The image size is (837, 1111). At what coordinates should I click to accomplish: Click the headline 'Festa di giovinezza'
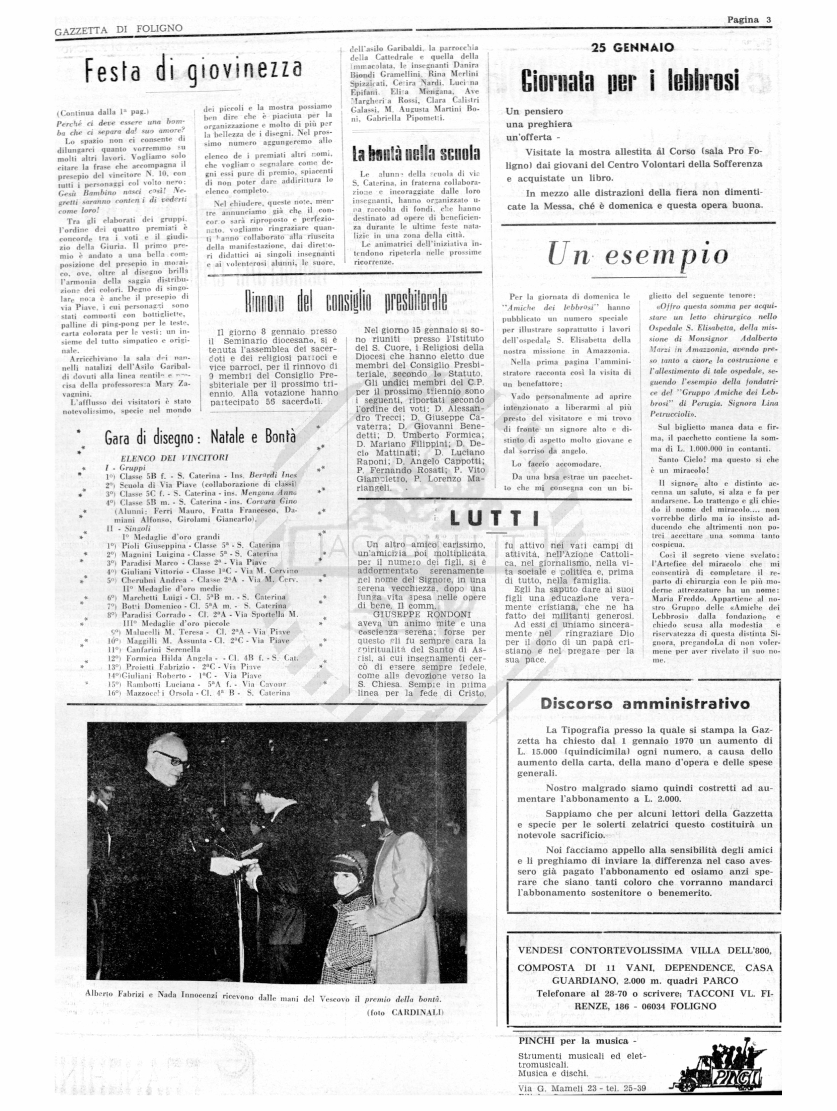pyautogui.click(x=193, y=71)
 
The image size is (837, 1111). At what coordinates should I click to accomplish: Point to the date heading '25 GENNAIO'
pyautogui.click(x=633, y=48)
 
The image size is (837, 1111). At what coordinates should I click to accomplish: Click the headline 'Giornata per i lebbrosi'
pyautogui.click(x=630, y=80)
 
